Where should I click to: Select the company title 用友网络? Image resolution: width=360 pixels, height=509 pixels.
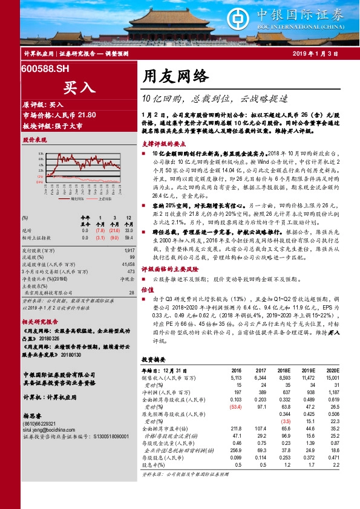tap(175, 76)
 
